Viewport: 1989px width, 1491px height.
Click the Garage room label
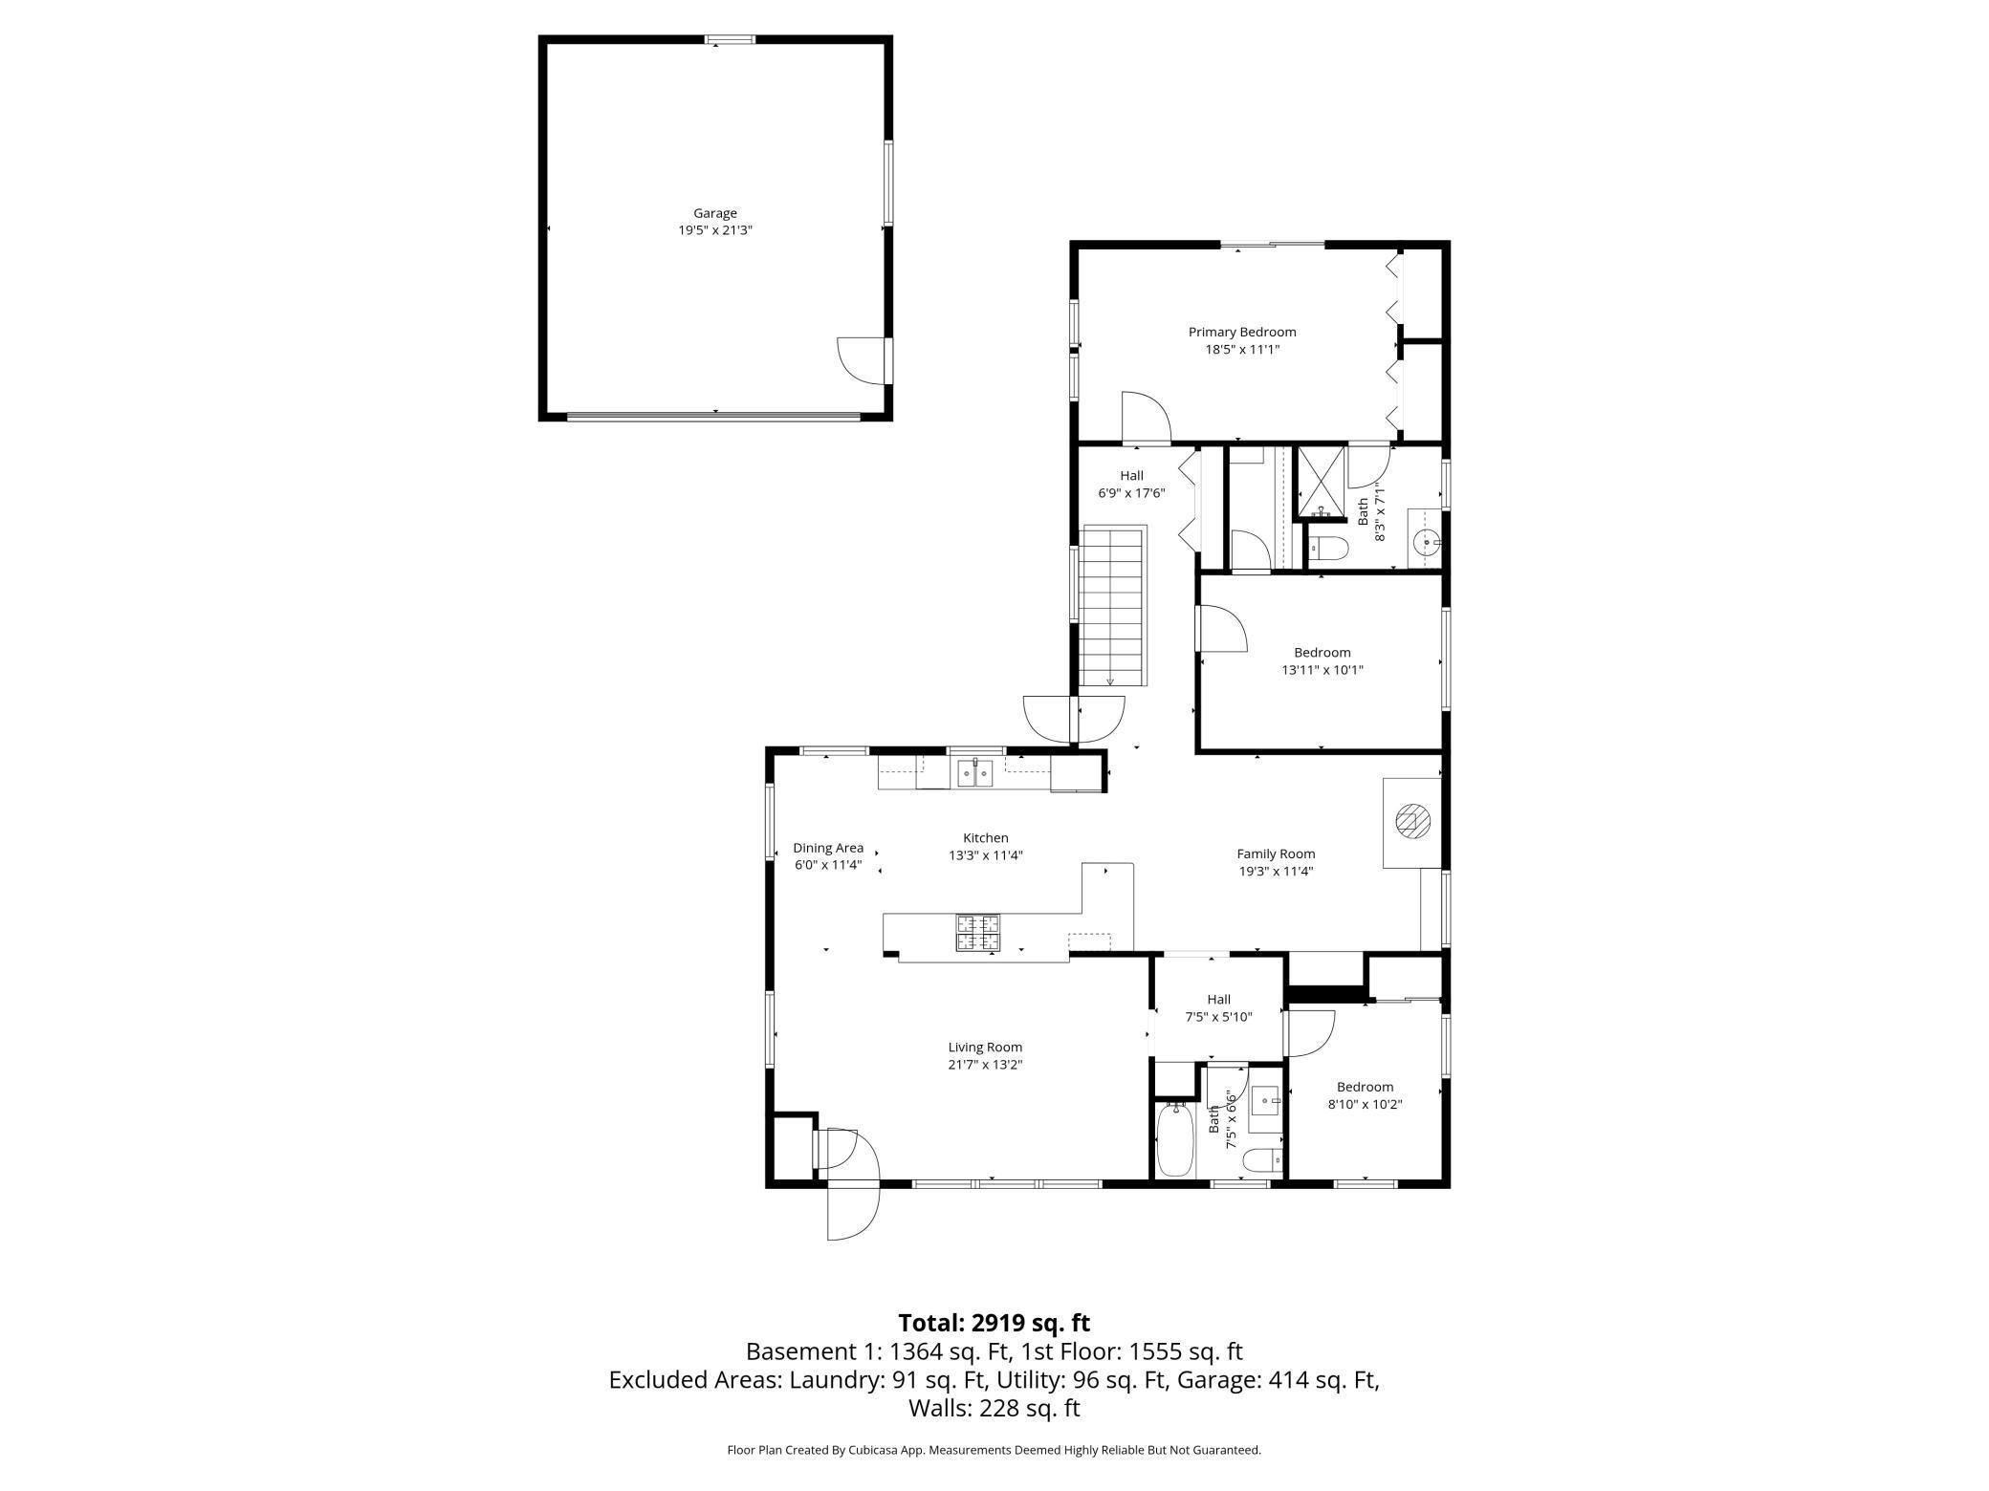(714, 213)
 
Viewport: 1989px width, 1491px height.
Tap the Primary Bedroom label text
(1241, 332)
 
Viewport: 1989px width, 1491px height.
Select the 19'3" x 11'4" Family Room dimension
(1276, 871)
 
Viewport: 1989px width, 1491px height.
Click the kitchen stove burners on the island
(977, 933)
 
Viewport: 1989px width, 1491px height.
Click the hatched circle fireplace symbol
(1412, 821)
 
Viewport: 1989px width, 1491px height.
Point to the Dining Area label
(827, 848)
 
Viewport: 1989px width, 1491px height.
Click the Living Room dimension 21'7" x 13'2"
(985, 1065)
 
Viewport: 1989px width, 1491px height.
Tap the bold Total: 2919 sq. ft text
(994, 1323)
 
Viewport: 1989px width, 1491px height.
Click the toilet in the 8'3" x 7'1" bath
(1327, 548)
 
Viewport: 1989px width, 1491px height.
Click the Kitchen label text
(985, 838)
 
